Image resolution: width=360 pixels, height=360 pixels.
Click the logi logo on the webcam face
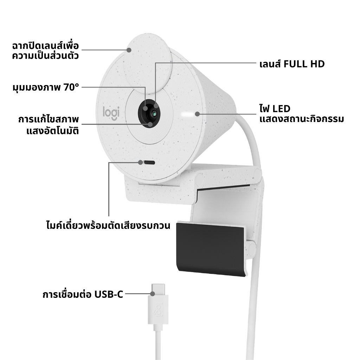(x=111, y=113)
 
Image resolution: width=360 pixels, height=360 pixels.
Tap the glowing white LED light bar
(x=187, y=114)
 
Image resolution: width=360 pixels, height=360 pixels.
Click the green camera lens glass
(x=154, y=113)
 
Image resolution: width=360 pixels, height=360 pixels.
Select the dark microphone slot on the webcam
(x=149, y=162)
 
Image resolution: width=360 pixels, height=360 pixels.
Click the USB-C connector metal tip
(x=158, y=290)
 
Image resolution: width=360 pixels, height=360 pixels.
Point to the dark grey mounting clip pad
(x=211, y=248)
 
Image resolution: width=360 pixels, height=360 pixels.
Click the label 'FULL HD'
(x=304, y=64)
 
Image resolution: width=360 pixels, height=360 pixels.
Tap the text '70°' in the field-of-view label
(x=71, y=87)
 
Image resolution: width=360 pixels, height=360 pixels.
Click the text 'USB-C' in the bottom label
(x=109, y=294)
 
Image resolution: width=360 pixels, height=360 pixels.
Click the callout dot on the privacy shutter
(x=129, y=50)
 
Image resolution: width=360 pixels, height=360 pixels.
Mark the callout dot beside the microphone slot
(x=140, y=162)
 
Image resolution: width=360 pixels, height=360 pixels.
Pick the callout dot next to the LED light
(x=197, y=114)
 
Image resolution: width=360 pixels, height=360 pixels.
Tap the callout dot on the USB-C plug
(x=153, y=294)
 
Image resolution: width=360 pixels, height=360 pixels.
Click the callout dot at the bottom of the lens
(x=150, y=124)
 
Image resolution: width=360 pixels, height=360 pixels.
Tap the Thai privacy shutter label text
(x=45, y=51)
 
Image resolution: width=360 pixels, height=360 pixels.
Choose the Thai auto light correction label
(x=49, y=125)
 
